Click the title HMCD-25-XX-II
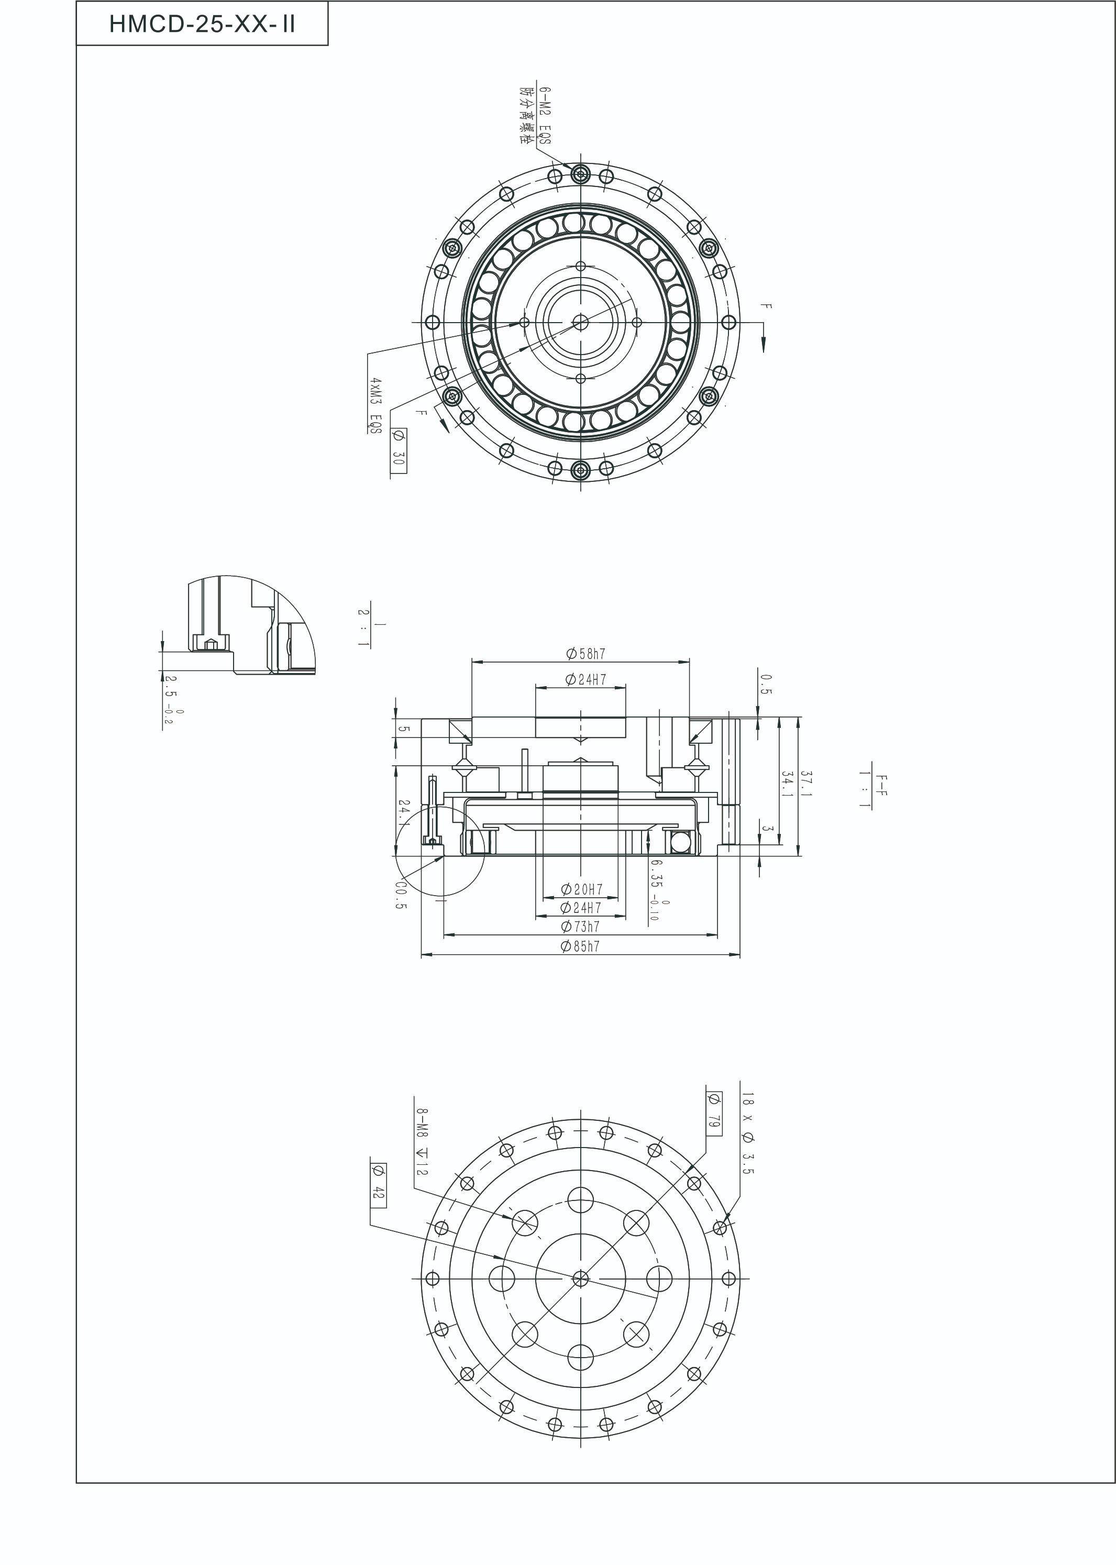(202, 25)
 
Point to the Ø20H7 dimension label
(581, 889)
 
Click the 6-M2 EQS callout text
(545, 115)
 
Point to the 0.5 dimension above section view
(766, 684)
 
